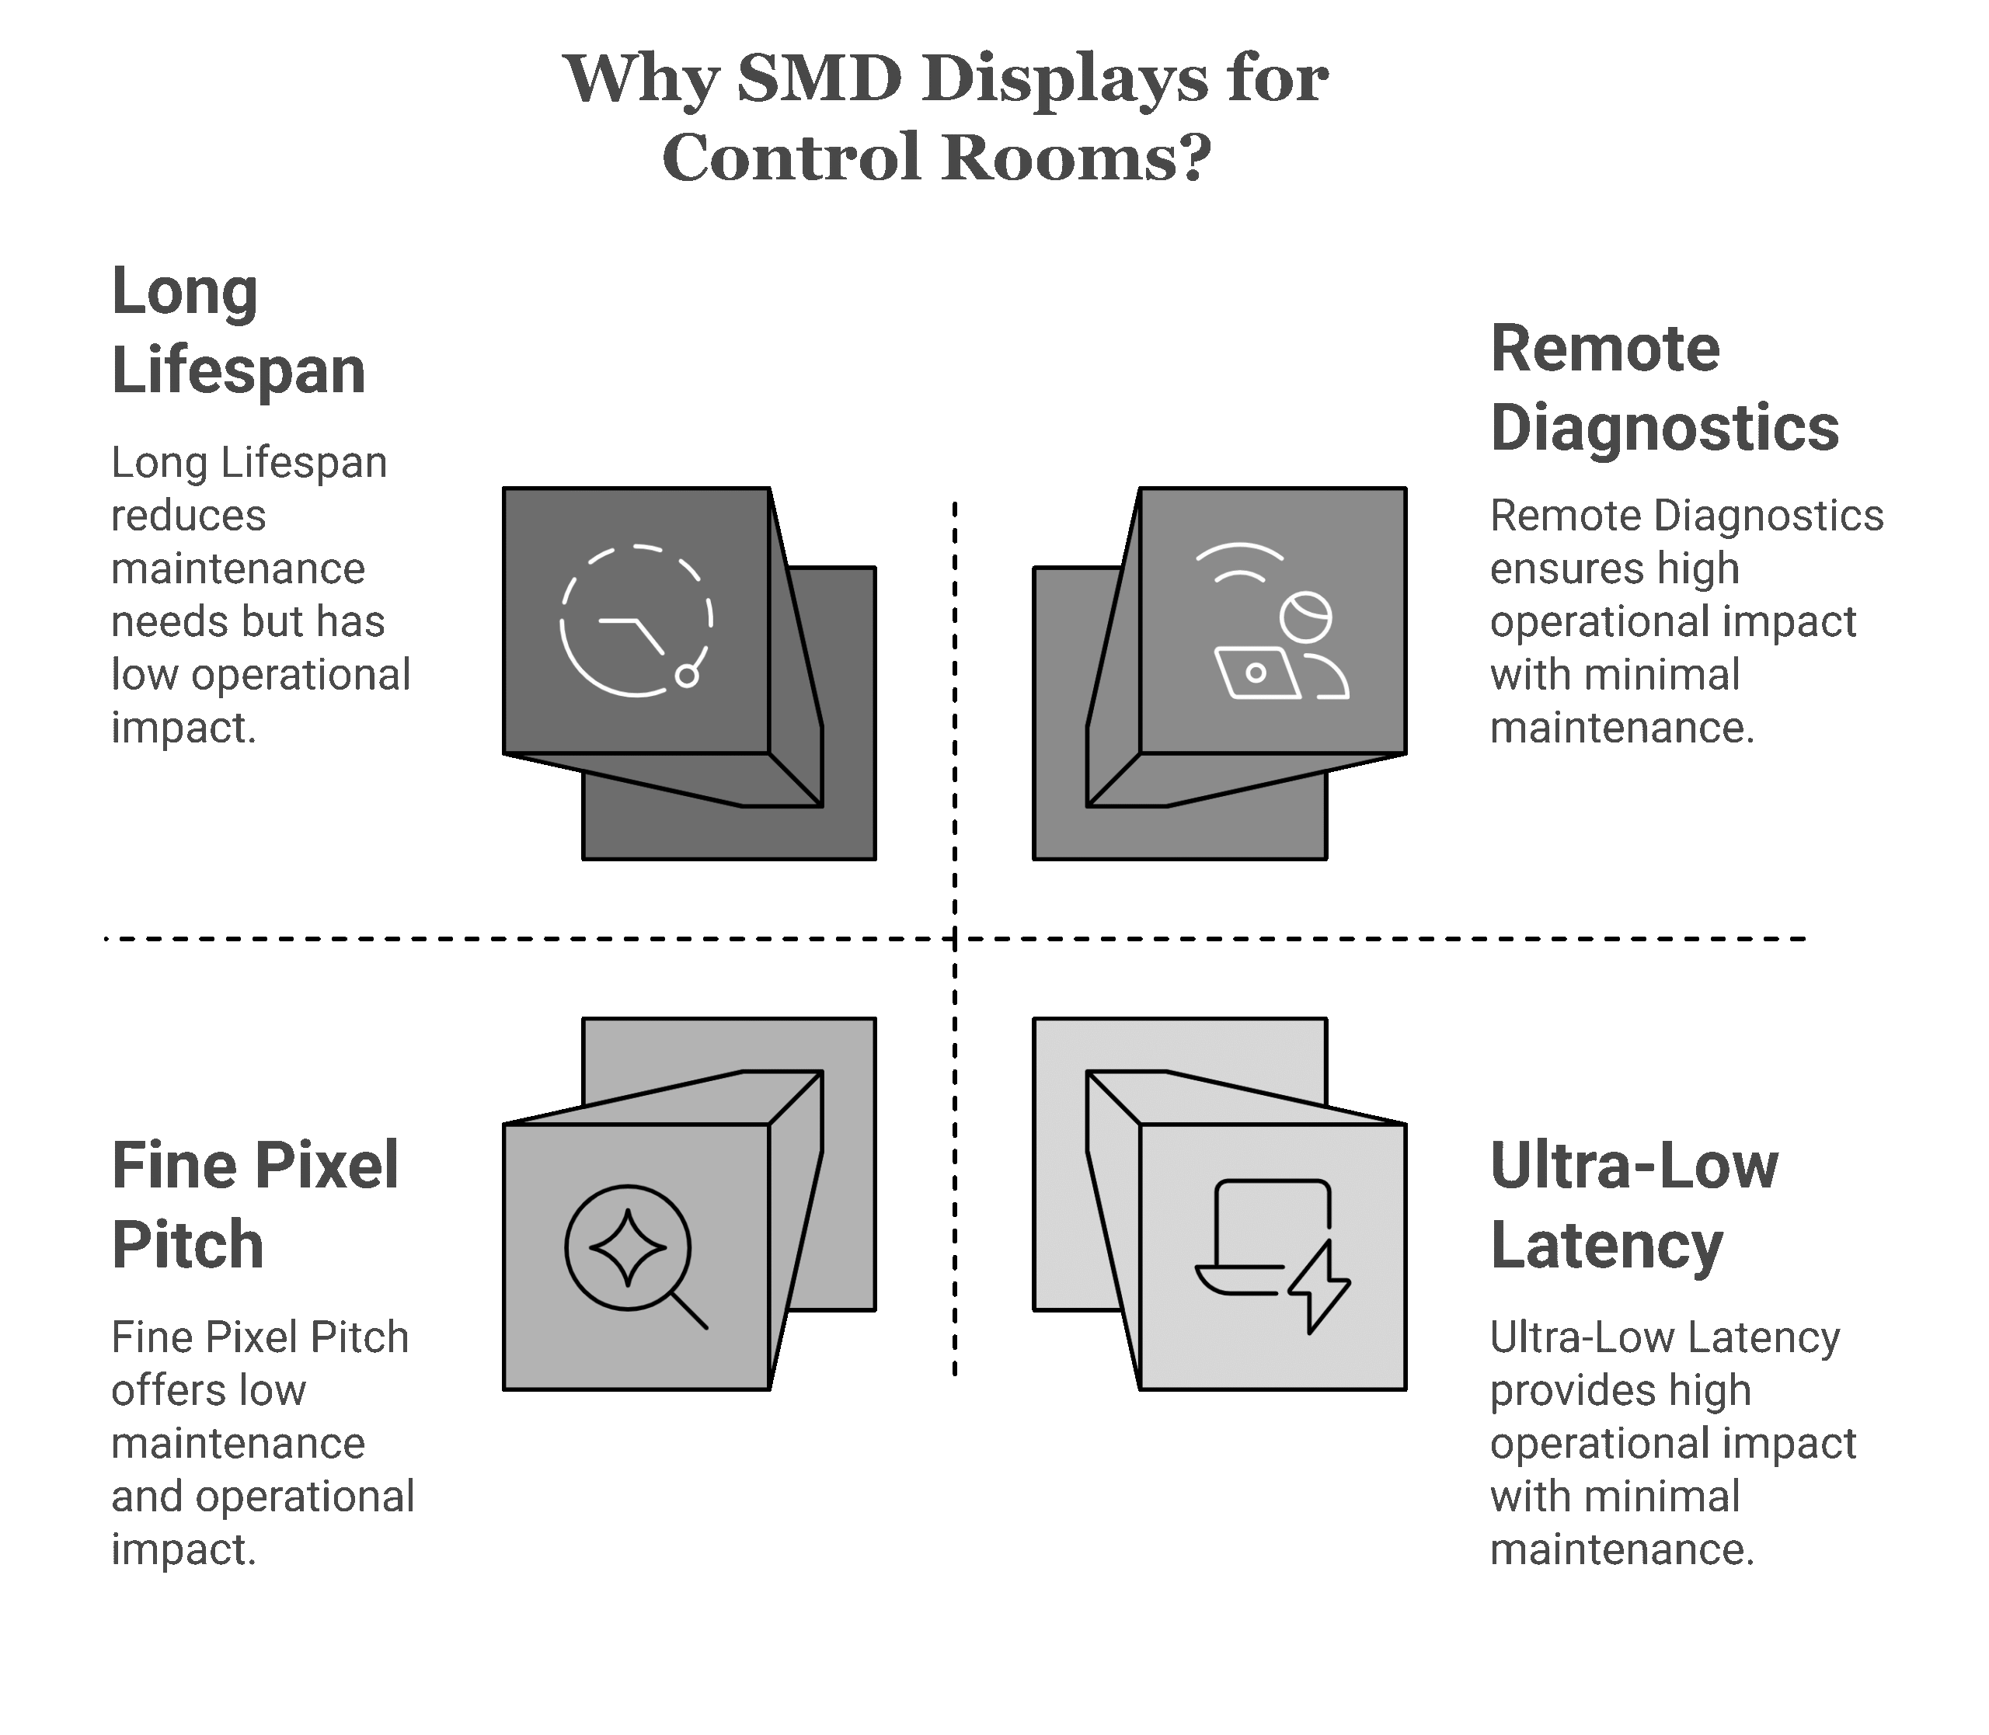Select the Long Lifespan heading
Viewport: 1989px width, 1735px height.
tap(239, 330)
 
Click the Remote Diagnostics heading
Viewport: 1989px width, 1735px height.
tap(1663, 388)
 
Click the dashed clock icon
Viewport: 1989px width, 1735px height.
tap(636, 621)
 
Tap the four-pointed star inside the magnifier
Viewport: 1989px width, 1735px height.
tap(628, 1248)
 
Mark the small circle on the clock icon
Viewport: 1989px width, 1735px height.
tap(687, 676)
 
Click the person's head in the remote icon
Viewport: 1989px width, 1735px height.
tap(1305, 617)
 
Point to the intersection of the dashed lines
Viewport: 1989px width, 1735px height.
tap(955, 938)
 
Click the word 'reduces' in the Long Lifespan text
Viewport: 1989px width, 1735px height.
tap(188, 516)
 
